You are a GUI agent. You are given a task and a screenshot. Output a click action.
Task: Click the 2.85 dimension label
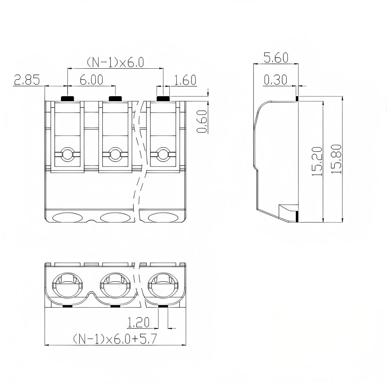(x=27, y=80)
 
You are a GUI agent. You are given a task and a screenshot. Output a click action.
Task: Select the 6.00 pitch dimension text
(x=92, y=80)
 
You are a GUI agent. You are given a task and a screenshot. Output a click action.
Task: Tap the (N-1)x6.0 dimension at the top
(x=115, y=63)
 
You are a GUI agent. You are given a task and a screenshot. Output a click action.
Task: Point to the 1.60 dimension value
(x=185, y=80)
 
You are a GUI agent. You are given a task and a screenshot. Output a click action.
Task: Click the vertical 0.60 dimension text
(x=202, y=122)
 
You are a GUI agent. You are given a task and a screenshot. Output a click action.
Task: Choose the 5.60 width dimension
(x=276, y=58)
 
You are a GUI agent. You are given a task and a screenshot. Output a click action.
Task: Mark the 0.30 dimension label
(x=276, y=80)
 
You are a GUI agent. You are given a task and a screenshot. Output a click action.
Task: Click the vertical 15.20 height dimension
(x=317, y=162)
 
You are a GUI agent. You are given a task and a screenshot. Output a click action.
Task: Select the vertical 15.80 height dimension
(x=336, y=159)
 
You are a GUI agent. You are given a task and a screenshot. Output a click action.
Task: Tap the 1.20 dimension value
(x=138, y=322)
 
